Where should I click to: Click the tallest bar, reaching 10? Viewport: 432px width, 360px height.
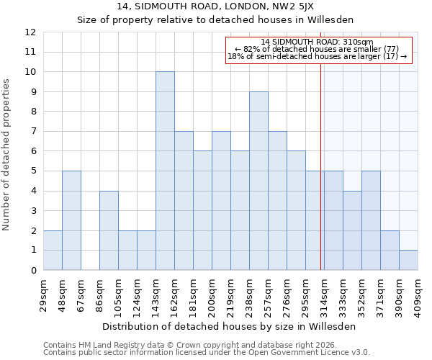[165, 171]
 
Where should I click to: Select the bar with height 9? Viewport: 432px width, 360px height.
[258, 181]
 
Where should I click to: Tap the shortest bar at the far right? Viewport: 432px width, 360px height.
[408, 260]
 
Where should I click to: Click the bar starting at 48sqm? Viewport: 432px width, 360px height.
[71, 220]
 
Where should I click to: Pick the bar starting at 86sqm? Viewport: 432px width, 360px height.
[109, 230]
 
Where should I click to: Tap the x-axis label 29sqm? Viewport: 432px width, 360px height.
[43, 294]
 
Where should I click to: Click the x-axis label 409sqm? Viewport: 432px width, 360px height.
[418, 294]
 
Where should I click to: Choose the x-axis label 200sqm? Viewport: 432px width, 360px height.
[212, 294]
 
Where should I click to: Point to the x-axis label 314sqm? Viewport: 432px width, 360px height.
[324, 294]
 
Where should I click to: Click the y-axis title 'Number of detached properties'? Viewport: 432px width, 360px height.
[7, 155]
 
